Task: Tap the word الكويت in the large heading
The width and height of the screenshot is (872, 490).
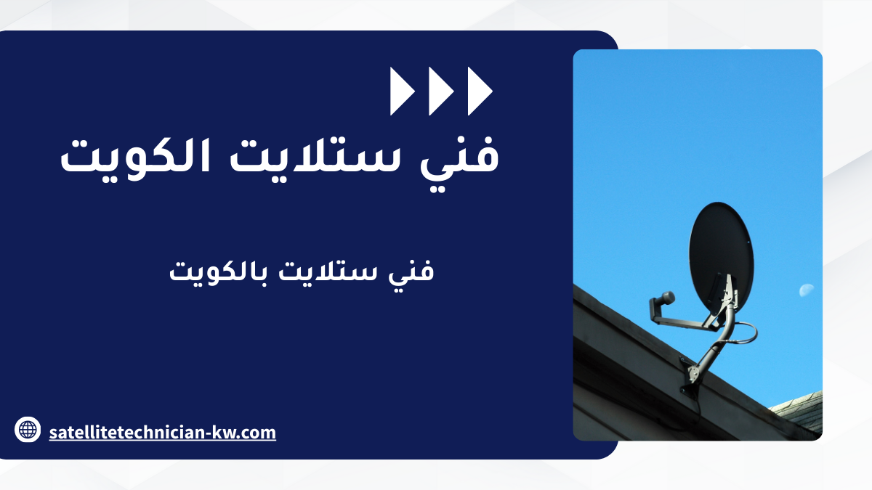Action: point(135,158)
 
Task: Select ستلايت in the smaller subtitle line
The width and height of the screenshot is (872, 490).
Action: point(328,270)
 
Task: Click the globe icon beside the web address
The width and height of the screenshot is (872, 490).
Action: point(28,429)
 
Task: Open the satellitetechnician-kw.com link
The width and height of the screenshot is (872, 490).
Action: point(162,433)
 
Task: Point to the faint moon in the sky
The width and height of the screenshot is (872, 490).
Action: point(807,290)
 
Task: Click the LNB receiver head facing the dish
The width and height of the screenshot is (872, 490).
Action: point(664,298)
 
